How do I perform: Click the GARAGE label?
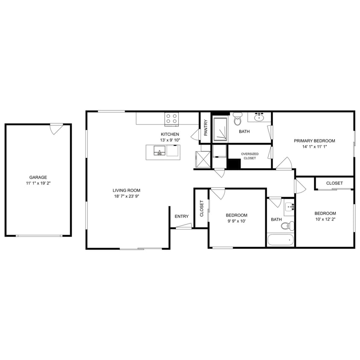pyautogui.click(x=38, y=177)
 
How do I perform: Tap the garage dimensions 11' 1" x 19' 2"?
pyautogui.click(x=38, y=183)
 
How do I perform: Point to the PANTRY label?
pyautogui.click(x=206, y=128)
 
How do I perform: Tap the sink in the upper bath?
pyautogui.click(x=259, y=116)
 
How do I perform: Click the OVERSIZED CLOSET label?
pyautogui.click(x=250, y=156)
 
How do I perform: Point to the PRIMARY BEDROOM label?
pyautogui.click(x=314, y=141)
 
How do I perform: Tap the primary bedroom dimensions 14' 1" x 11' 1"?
pyautogui.click(x=314, y=147)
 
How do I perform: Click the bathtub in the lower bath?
pyautogui.click(x=281, y=240)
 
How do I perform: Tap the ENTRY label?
pyautogui.click(x=182, y=216)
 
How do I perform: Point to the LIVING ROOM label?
pyautogui.click(x=126, y=190)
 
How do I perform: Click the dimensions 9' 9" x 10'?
pyautogui.click(x=236, y=221)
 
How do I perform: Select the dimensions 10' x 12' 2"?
pyautogui.click(x=325, y=219)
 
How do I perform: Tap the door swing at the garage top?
pyautogui.click(x=56, y=129)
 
